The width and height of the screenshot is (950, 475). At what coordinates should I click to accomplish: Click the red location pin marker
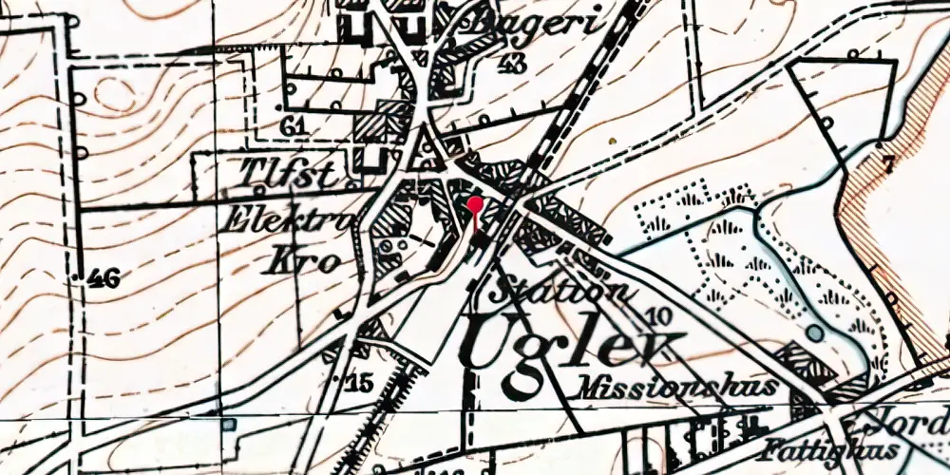[x=475, y=203]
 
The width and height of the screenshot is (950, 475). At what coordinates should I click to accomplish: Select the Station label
[x=559, y=290]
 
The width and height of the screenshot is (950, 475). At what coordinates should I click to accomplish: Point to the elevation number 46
[x=102, y=278]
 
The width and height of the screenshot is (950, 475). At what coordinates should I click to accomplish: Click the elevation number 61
[x=294, y=126]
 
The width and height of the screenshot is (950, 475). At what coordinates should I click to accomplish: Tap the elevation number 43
[x=512, y=65]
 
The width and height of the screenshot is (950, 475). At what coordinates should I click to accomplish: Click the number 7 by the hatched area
[x=887, y=164]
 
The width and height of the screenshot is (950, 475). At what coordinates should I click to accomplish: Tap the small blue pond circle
[x=815, y=333]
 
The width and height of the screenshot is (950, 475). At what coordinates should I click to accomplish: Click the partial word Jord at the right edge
[x=921, y=418]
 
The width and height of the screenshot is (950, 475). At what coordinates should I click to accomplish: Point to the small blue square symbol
[x=228, y=424]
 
